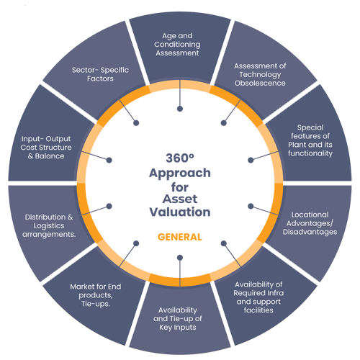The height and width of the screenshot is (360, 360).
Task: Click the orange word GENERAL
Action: pos(180,237)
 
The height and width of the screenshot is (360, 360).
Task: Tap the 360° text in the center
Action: pos(180,158)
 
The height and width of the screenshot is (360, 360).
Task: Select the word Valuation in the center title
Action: pos(180,212)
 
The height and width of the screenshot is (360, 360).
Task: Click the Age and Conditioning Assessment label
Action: pos(177,45)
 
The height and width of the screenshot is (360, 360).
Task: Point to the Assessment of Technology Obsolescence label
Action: pos(260,74)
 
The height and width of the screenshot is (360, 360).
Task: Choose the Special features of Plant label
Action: pos(310,140)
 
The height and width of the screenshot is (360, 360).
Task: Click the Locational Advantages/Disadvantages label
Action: pos(310,223)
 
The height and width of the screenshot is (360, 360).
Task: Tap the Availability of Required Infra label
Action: pos(258,297)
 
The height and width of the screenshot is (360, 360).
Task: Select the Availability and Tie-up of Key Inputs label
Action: pos(178,319)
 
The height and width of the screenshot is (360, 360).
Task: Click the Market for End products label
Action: pos(96,295)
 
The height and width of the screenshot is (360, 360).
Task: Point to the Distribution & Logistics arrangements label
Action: pos(49,225)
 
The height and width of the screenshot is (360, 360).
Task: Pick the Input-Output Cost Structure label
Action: pos(46,148)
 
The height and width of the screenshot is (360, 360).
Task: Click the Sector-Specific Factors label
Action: pos(100,74)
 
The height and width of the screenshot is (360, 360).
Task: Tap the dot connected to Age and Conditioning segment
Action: pos(180,109)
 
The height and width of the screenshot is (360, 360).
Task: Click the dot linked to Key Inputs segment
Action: pos(180,258)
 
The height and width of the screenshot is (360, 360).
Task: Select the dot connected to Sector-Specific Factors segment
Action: pos(136,123)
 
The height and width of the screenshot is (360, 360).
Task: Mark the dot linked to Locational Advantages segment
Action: pos(251,206)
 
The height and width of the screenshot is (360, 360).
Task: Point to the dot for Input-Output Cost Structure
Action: pos(109,160)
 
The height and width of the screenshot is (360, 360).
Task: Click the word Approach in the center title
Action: pos(180,174)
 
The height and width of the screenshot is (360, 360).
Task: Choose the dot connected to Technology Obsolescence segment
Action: pos(224,123)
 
